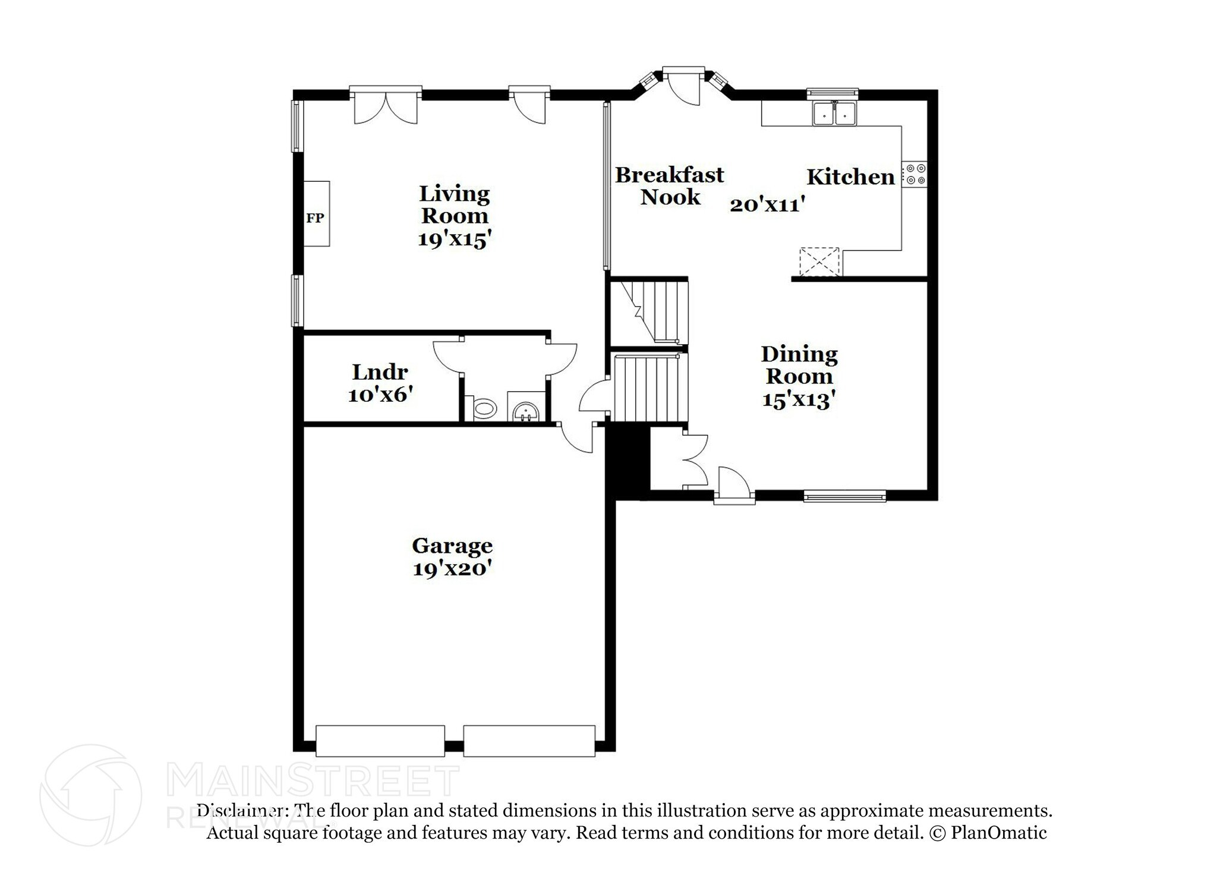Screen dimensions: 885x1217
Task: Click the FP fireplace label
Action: tap(315, 218)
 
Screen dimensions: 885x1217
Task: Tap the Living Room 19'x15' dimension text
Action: tap(455, 239)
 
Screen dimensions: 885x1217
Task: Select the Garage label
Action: tap(452, 545)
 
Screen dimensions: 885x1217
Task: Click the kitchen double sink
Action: tap(834, 114)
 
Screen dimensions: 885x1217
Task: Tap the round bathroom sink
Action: tap(526, 411)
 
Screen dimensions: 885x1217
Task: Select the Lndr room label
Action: tap(380, 372)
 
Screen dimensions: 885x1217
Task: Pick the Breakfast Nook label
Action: tap(670, 185)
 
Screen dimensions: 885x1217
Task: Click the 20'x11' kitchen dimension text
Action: tap(767, 204)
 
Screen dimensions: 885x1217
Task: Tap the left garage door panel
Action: tap(380, 741)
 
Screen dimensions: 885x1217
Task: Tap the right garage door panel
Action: tap(529, 741)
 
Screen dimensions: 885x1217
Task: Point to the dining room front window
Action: tap(844, 495)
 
